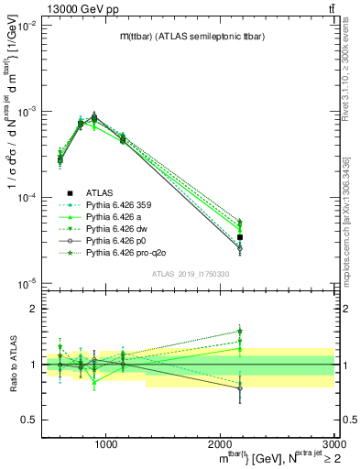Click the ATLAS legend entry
100,192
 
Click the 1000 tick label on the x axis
105,445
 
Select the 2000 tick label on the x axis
220,445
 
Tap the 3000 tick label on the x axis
333,445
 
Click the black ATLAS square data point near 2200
239,237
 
